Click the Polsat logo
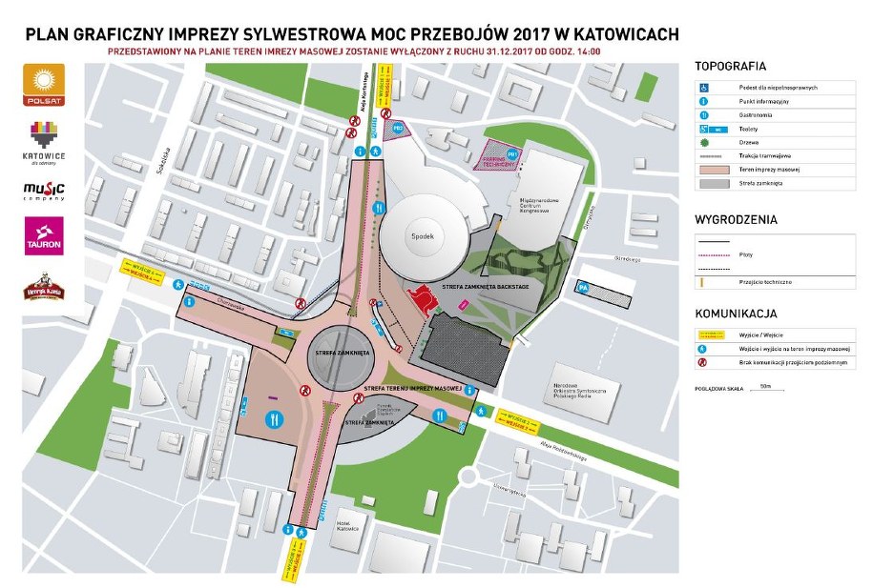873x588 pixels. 43,85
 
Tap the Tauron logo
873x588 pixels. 44,235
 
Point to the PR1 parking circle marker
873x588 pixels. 511,153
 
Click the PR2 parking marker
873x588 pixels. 401,127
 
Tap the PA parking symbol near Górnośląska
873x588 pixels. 582,287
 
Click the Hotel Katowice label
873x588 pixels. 346,526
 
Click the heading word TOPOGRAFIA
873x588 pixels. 731,67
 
